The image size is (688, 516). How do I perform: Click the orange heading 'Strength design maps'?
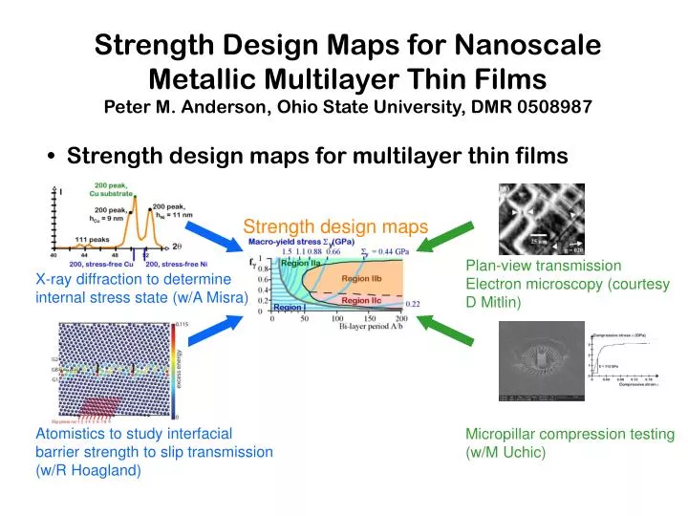321,227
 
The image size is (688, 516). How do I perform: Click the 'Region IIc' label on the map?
362,300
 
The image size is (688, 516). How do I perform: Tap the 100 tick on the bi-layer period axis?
336,319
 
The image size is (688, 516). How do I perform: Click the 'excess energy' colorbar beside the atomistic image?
173,373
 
